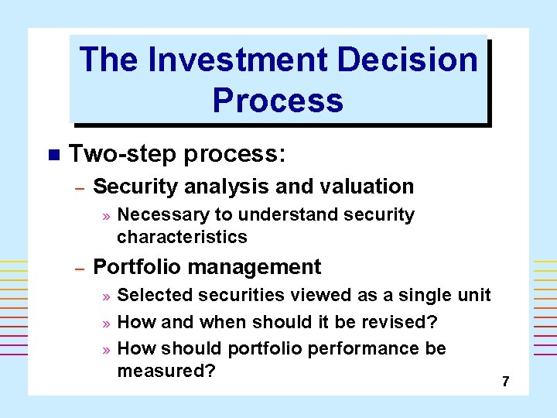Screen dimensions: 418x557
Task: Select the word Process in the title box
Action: (278, 101)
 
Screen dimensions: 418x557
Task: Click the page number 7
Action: (505, 382)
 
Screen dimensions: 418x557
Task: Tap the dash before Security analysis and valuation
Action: (78, 187)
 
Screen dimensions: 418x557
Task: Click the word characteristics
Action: (182, 236)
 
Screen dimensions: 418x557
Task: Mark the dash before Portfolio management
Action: (78, 268)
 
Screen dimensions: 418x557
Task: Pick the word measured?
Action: (166, 371)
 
